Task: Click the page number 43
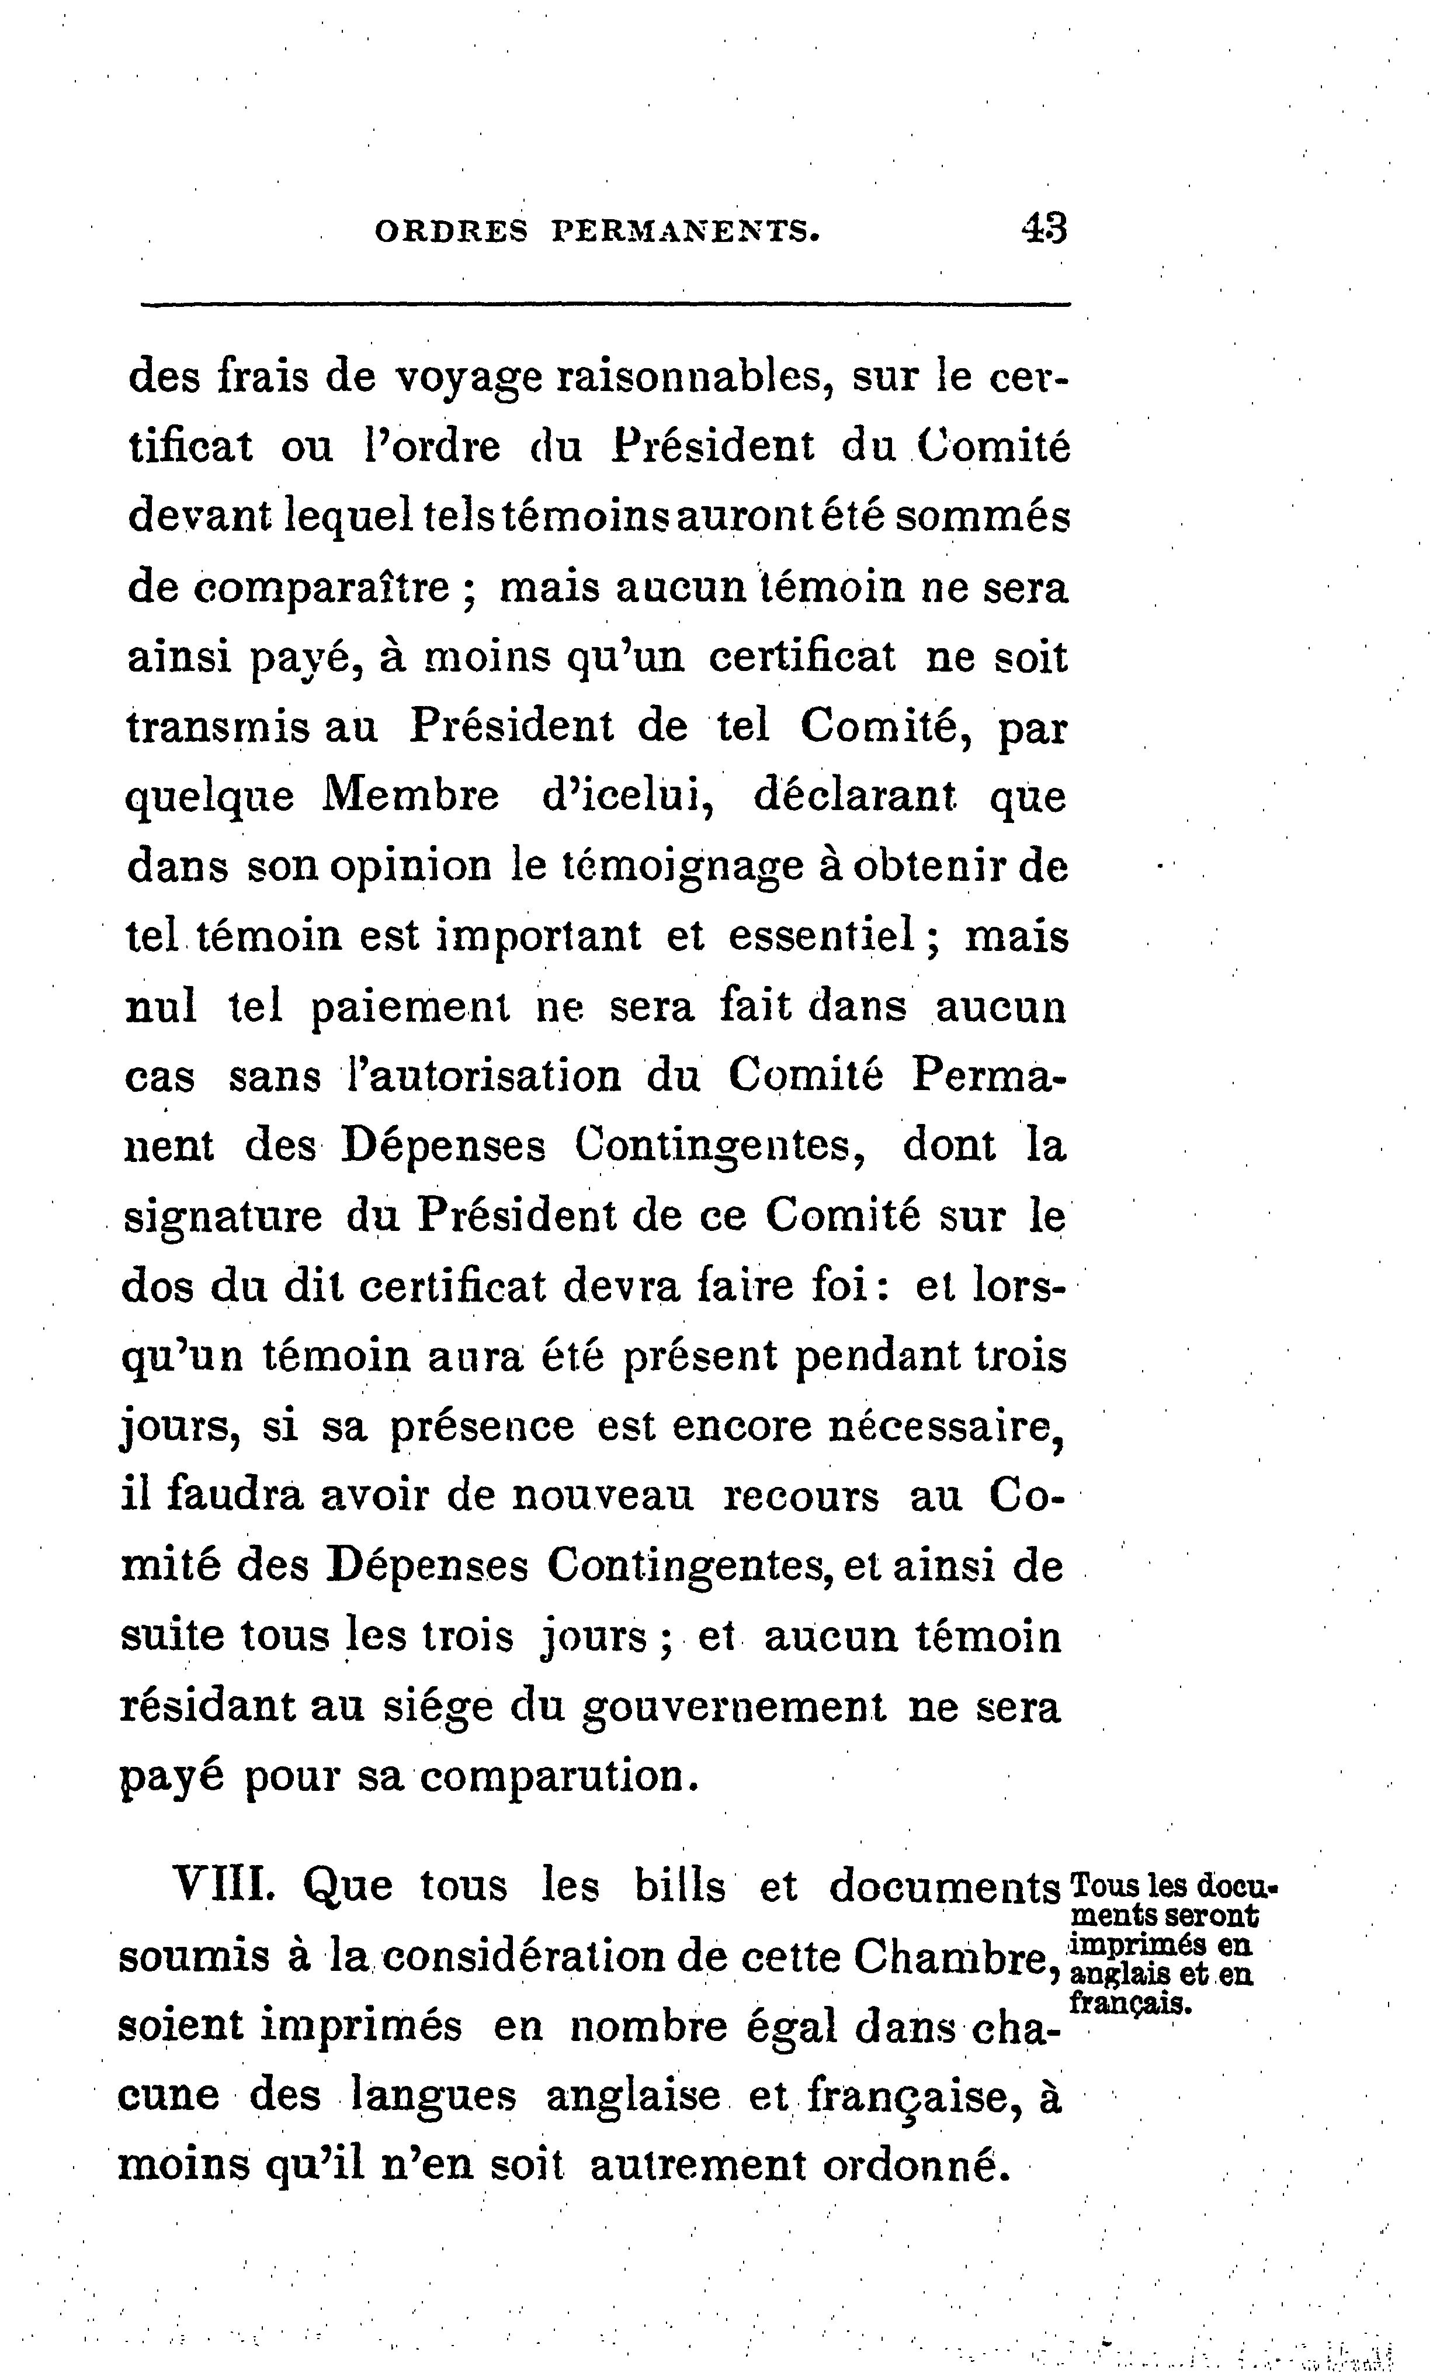[x=1043, y=230]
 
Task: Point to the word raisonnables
[x=694, y=376]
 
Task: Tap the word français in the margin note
[x=1131, y=2003]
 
